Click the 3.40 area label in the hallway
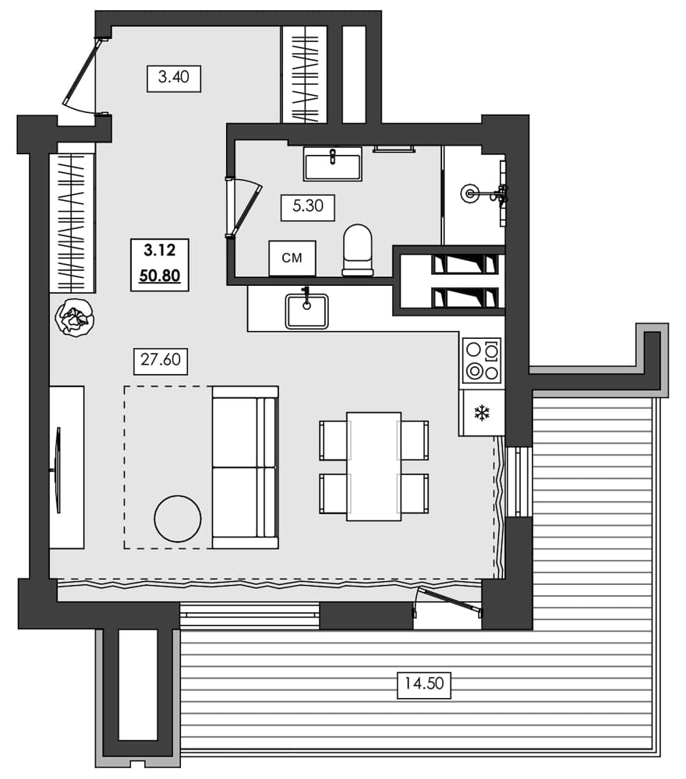coord(174,78)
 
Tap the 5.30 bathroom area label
coord(307,207)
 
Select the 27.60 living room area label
coord(161,361)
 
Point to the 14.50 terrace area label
coord(424,685)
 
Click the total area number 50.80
coord(161,275)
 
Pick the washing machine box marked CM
coord(292,258)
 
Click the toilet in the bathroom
coord(358,250)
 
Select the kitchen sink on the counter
coord(306,309)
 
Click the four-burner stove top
coord(481,361)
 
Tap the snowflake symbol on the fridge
coord(482,413)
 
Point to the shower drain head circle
coord(470,192)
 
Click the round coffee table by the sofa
coord(178,518)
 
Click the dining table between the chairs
coord(374,466)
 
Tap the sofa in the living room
coord(245,467)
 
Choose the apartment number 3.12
coord(161,251)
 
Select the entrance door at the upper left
coord(83,74)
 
